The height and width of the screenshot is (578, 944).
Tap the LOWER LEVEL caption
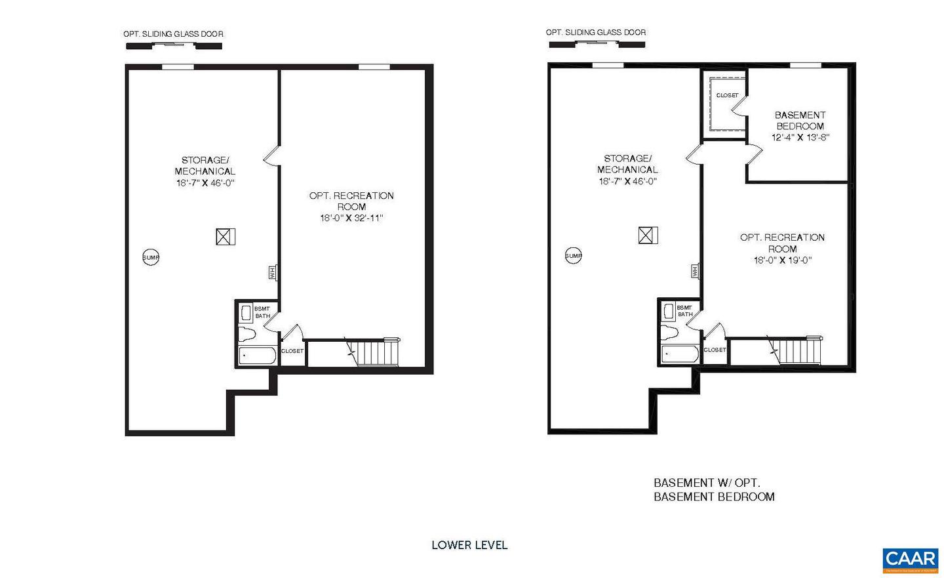pyautogui.click(x=469, y=545)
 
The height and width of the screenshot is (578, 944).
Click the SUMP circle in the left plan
pyautogui.click(x=151, y=258)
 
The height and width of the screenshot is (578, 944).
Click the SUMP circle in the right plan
pyautogui.click(x=574, y=256)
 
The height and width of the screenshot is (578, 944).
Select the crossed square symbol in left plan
pyautogui.click(x=226, y=237)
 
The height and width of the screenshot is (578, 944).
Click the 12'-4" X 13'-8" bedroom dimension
pyautogui.click(x=800, y=138)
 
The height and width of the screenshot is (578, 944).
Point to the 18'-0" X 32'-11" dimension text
pyautogui.click(x=351, y=218)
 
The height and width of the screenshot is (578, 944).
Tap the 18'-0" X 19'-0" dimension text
pyautogui.click(x=783, y=260)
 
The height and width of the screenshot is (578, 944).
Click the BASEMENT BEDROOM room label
pyautogui.click(x=800, y=120)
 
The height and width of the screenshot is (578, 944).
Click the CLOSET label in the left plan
pyautogui.click(x=292, y=351)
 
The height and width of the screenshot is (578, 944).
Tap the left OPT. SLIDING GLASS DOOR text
pyautogui.click(x=174, y=34)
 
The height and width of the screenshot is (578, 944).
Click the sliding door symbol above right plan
pyautogui.click(x=597, y=44)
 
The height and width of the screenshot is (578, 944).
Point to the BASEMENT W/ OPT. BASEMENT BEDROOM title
pyautogui.click(x=714, y=489)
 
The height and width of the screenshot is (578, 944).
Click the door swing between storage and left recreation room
pyautogui.click(x=272, y=156)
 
